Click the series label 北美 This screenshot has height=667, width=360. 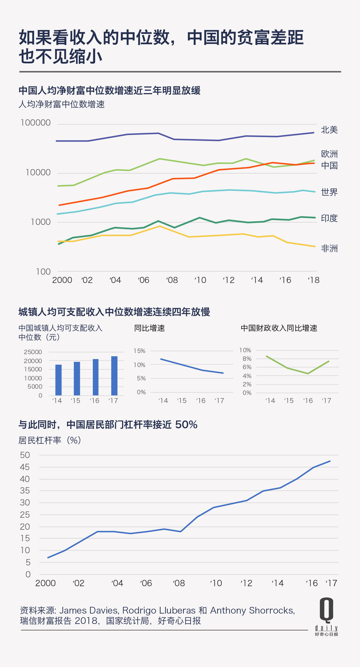329,130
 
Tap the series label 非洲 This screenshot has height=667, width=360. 329,248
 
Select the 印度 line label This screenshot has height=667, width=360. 329,218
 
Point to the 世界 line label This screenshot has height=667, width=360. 329,192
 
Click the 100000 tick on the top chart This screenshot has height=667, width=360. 36,123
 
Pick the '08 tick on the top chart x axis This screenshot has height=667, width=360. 172,280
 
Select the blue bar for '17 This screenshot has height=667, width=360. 114,376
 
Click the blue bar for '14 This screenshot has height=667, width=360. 58,380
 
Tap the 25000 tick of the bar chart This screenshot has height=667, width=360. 33,352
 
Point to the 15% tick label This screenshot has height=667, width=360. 139,351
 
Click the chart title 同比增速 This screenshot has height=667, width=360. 149,328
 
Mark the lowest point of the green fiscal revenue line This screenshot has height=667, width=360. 308,374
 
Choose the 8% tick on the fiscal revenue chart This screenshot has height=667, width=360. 247,359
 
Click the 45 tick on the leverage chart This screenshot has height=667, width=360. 25,467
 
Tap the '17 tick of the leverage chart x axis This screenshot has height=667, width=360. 331,583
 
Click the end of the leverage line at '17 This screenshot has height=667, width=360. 330,461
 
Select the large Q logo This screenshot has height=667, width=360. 326,610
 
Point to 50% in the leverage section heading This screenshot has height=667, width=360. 186,425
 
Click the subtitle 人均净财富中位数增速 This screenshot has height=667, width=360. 62,104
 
